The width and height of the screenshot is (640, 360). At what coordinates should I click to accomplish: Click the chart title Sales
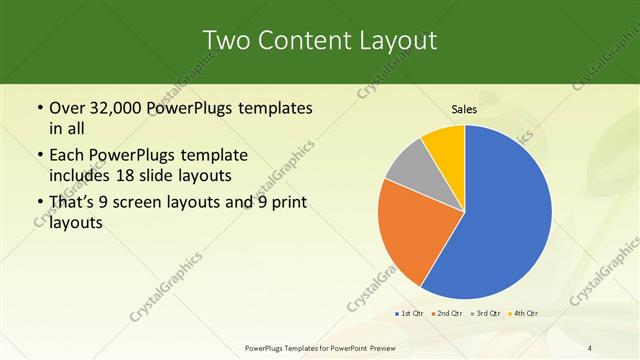click(x=464, y=109)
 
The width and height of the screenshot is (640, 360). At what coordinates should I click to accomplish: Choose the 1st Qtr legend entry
click(x=408, y=314)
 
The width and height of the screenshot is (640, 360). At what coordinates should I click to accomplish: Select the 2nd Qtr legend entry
click(x=446, y=314)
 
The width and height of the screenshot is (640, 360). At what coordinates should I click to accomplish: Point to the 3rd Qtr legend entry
click(x=486, y=314)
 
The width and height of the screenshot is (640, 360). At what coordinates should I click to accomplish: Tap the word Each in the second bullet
click(x=68, y=156)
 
